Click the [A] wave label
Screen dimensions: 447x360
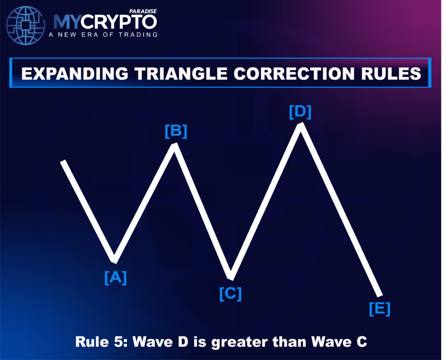pos(115,278)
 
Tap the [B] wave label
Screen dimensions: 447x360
pos(176,131)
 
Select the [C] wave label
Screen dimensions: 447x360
pos(230,294)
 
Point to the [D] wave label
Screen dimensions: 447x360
pos(300,111)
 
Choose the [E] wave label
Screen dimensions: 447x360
pos(380,309)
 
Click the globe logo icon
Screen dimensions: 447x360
pos(26,25)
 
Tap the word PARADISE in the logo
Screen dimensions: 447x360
pos(143,11)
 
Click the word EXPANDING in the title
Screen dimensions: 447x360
pos(75,74)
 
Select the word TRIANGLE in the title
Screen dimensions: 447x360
pos(181,74)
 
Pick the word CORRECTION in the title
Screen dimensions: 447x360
pos(294,74)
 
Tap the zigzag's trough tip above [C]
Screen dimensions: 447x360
pos(231,278)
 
